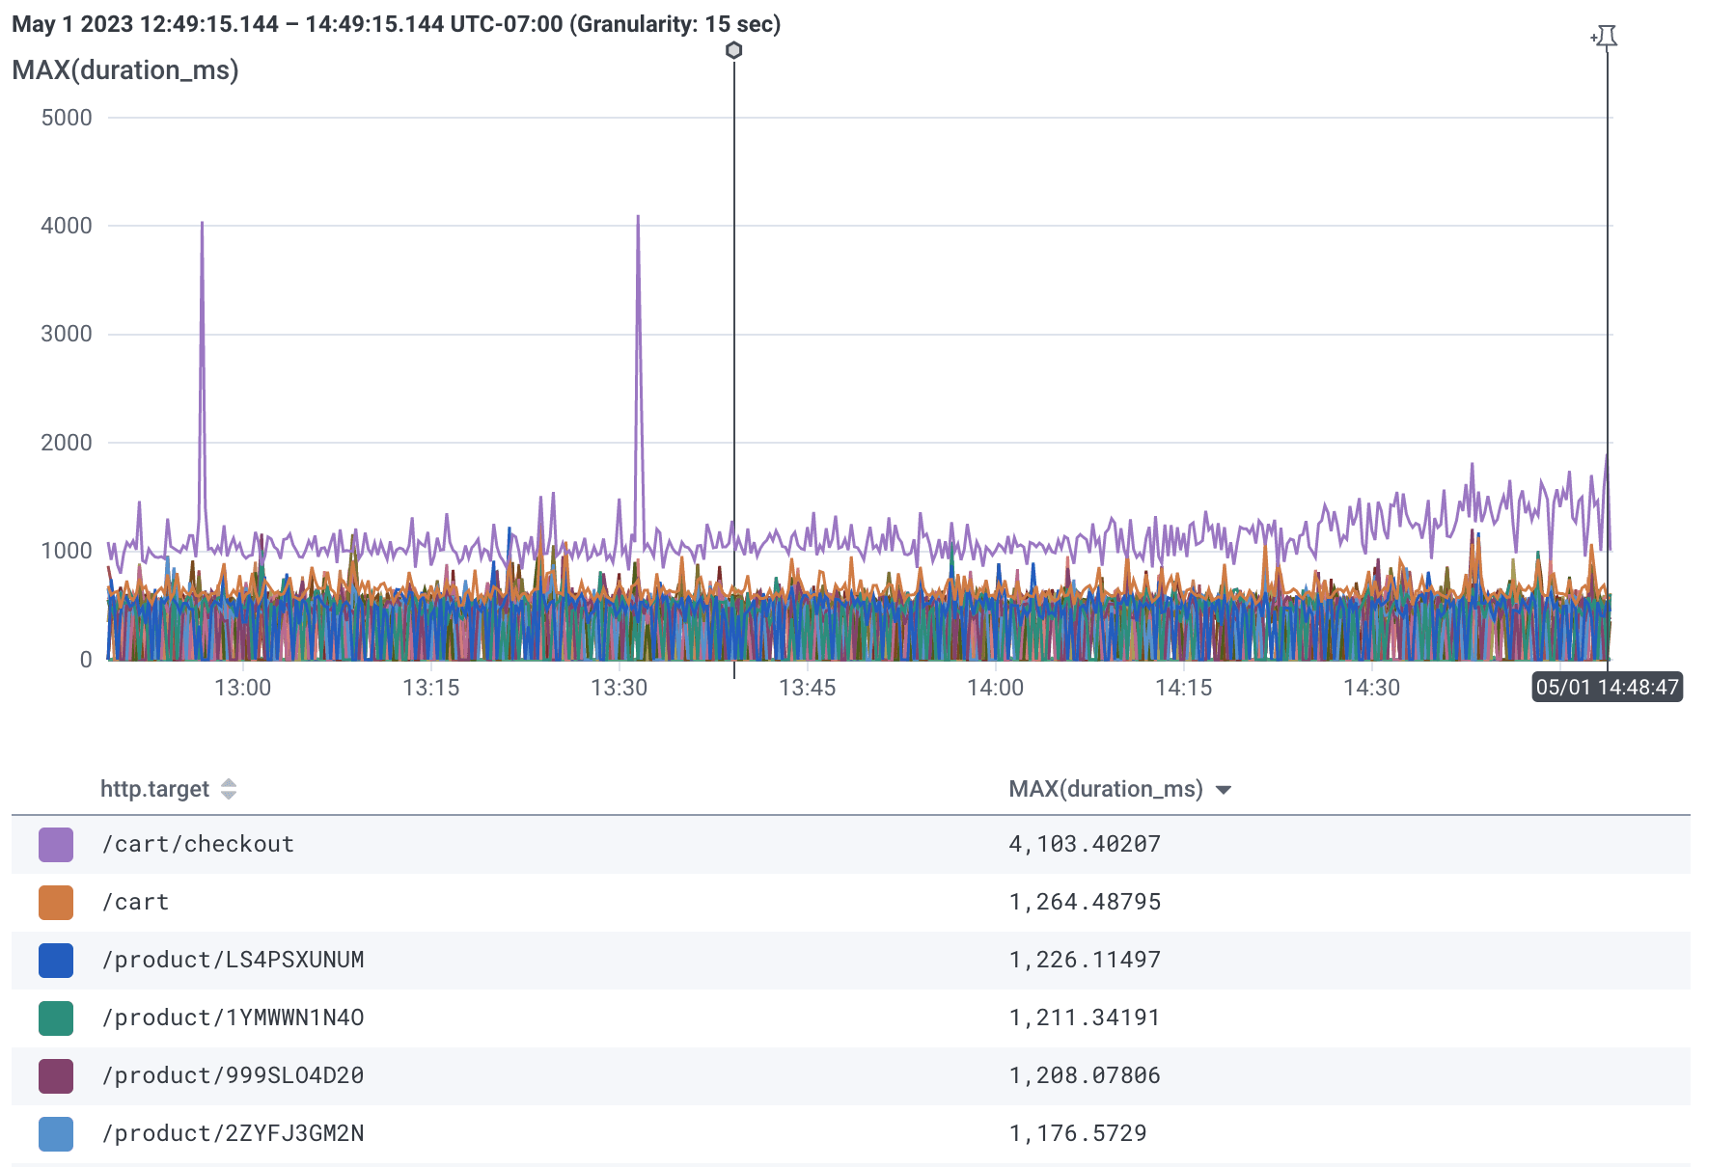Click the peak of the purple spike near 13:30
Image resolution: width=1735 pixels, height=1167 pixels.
coord(638,217)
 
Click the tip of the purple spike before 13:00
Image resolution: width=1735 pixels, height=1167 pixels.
coord(202,224)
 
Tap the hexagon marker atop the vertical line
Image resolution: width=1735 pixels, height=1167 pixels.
coord(734,50)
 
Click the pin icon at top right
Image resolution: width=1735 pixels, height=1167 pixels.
coord(1606,37)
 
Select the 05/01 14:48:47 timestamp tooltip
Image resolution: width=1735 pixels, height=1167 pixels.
coord(1607,688)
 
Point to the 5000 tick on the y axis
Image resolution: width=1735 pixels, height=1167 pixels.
coord(67,118)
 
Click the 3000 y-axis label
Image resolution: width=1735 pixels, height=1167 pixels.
coord(67,334)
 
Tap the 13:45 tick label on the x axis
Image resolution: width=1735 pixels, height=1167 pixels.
coord(807,688)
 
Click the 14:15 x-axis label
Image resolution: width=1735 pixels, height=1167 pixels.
coord(1183,688)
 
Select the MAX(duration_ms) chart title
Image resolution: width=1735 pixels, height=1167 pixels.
coord(125,70)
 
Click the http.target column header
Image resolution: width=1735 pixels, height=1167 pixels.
coord(154,789)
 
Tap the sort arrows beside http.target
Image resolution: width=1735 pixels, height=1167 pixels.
coord(229,789)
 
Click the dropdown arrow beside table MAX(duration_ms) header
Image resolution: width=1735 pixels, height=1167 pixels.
coord(1224,790)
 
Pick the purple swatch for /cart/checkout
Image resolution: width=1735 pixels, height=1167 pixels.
coord(56,845)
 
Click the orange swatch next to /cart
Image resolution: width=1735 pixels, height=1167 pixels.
coord(56,903)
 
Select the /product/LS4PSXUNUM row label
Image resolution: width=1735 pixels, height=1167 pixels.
coord(233,960)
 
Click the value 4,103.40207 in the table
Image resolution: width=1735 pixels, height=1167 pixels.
coord(1084,844)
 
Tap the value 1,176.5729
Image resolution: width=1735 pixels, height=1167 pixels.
coord(1077,1133)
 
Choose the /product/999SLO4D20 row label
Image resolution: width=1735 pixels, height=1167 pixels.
coord(233,1075)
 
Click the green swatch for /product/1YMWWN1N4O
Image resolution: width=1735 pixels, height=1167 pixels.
coord(56,1018)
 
